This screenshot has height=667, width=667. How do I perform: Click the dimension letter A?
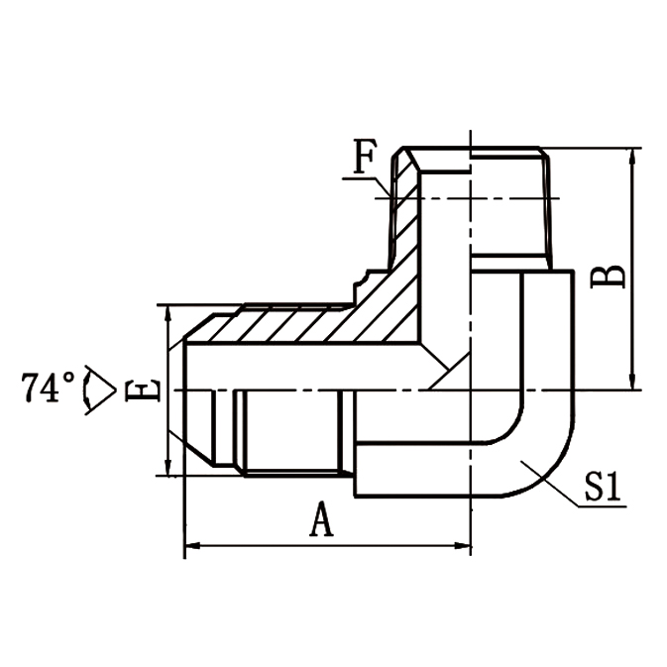(320, 519)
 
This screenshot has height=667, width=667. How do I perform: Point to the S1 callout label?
(602, 488)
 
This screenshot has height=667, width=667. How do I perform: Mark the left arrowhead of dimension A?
(191, 544)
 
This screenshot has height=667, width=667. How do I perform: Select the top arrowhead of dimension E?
(167, 312)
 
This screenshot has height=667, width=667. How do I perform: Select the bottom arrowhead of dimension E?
(167, 470)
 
